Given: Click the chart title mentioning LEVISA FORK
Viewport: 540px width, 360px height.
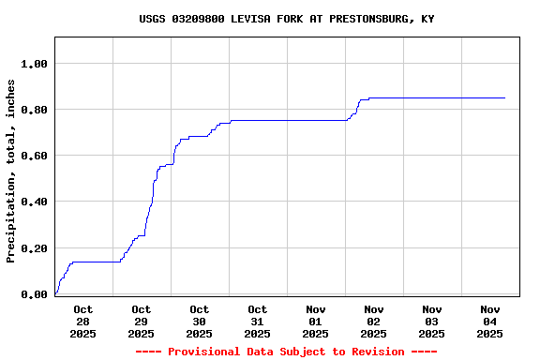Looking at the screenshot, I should tap(286, 19).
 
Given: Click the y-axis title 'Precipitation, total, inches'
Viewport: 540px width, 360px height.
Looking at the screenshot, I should tap(11, 171).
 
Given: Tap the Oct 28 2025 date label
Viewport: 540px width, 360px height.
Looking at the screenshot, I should tap(83, 321).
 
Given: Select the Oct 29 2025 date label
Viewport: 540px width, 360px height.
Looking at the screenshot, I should tap(142, 321).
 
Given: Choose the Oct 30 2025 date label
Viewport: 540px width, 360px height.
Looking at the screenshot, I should tap(200, 321).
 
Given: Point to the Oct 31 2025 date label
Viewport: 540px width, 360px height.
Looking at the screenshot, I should tap(258, 321).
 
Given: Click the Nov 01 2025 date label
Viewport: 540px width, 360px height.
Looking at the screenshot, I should tap(316, 321).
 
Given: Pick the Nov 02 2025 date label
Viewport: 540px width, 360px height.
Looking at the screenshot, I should tap(374, 321).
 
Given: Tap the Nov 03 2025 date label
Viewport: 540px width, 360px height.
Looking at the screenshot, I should tap(432, 321).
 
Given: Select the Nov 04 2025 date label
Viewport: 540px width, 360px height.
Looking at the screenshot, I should tap(490, 321).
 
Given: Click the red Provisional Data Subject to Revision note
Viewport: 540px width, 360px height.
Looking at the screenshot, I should tap(286, 352).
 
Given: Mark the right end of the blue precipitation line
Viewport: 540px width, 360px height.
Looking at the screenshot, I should tap(504, 97).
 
